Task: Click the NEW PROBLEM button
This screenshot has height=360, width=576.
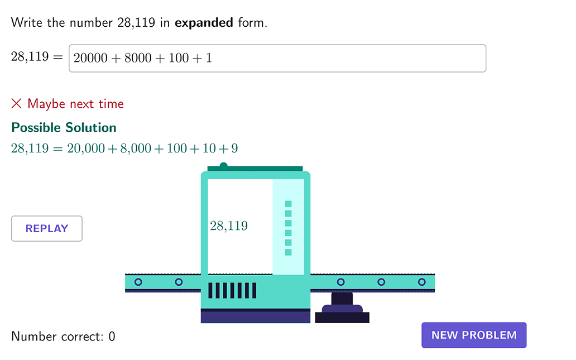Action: (474, 335)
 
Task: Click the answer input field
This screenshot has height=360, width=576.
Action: (277, 59)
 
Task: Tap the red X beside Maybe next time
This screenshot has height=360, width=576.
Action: (17, 104)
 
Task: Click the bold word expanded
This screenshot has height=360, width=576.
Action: (204, 23)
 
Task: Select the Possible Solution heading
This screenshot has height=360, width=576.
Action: (64, 127)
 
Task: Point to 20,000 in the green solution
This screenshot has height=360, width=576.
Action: (86, 148)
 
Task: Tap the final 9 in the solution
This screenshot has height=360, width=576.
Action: (234, 148)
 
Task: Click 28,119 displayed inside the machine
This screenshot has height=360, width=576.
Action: (229, 225)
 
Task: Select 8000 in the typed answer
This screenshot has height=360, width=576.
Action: (138, 58)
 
